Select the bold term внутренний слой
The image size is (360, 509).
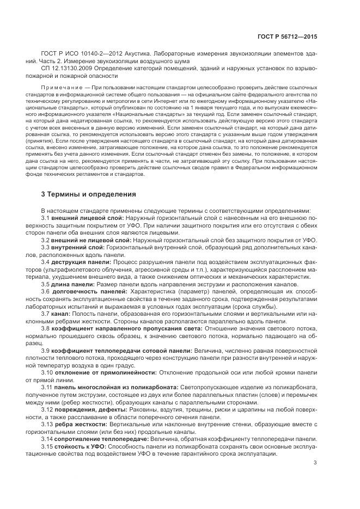tap(74, 247)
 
